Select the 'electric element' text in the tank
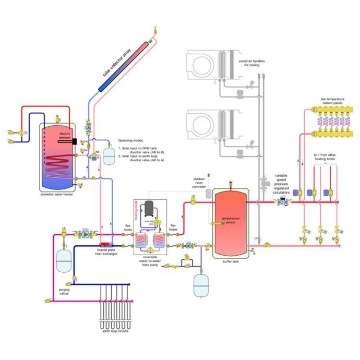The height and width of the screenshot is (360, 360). (65, 137)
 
